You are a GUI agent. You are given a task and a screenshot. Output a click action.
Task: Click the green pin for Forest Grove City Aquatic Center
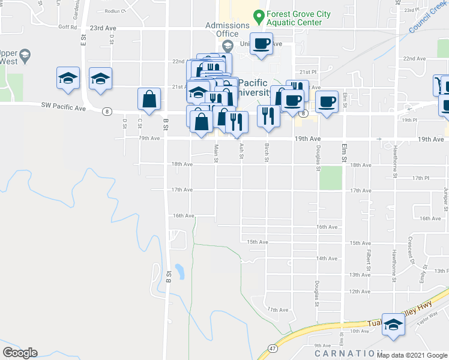tap(259, 15)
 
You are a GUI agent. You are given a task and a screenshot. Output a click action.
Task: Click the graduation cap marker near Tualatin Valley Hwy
tap(393, 325)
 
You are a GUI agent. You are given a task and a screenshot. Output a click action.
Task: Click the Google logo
tap(20, 353)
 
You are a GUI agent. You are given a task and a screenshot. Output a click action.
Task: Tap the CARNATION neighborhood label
tap(348, 353)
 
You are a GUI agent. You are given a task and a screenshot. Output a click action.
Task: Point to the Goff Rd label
tap(68, 27)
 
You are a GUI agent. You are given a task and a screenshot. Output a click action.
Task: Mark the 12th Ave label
tap(376, 292)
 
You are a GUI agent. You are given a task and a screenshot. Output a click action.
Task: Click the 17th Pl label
tap(421, 178)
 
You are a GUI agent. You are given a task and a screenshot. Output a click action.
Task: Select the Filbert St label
tap(366, 257)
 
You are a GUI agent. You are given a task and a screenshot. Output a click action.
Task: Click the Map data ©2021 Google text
tap(412, 355)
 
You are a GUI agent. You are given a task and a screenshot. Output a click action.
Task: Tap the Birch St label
tap(267, 152)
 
